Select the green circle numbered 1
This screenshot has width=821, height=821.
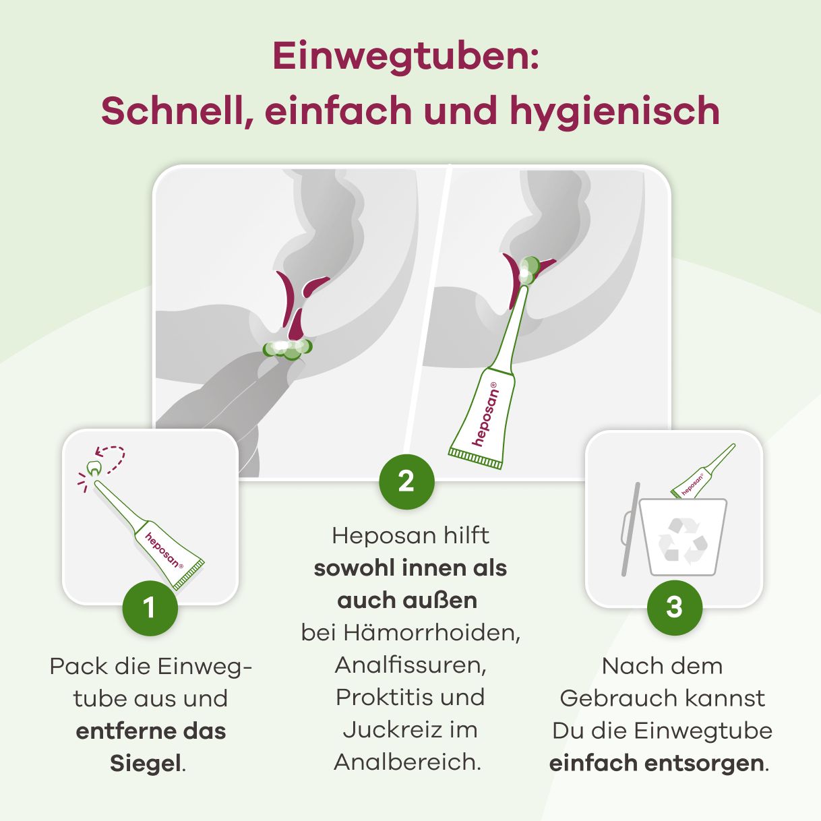150,608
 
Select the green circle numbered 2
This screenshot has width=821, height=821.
406,481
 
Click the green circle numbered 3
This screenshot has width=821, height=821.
674,607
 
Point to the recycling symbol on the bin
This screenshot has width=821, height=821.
683,541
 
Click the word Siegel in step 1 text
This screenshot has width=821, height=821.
146,763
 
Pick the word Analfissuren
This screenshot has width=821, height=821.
410,665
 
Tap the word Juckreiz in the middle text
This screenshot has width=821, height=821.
386,730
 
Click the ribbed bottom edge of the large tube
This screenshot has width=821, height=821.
475,459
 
